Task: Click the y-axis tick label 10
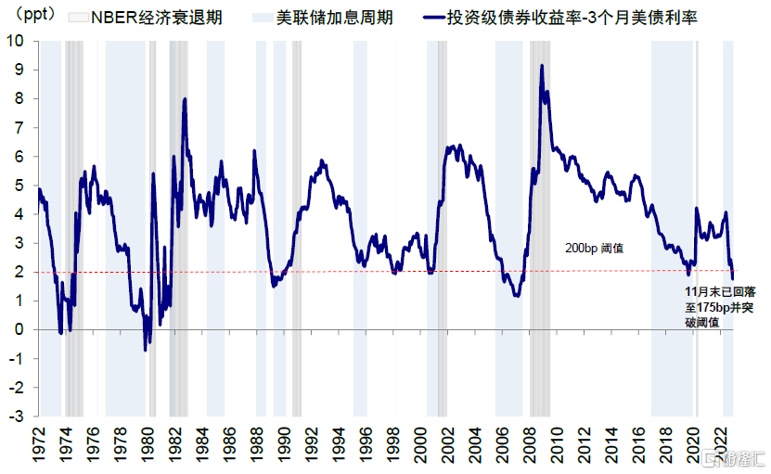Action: [15, 41]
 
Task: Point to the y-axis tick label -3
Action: [16, 416]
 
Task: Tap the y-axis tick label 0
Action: [19, 330]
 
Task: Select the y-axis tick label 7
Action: [19, 128]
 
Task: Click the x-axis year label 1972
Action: [39, 445]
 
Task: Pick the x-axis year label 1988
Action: [258, 445]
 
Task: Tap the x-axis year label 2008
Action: [530, 445]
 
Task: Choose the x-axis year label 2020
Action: [693, 445]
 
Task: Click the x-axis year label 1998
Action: [394, 445]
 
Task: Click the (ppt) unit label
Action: [32, 15]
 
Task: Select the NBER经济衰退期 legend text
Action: [157, 18]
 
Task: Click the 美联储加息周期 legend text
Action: [334, 18]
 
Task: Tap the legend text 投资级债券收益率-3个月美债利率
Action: [572, 18]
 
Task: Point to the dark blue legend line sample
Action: [433, 19]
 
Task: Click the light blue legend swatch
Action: [263, 19]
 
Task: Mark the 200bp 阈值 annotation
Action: [594, 249]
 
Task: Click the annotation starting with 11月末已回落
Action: [720, 307]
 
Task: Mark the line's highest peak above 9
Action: [542, 66]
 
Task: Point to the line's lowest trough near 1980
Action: [145, 350]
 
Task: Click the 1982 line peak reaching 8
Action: [185, 99]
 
